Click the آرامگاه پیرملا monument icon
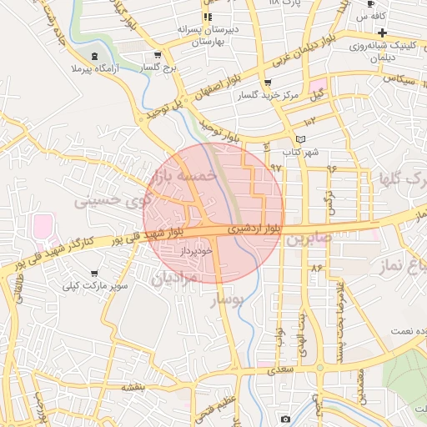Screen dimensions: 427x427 click(x=95, y=55)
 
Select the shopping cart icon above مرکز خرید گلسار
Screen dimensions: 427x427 click(x=267, y=83)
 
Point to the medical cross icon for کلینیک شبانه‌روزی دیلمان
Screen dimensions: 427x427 click(x=381, y=32)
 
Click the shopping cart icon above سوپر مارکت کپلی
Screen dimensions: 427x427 click(x=94, y=273)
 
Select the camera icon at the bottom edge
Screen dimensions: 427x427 click(x=285, y=419)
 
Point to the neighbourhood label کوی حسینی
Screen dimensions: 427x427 click(x=113, y=201)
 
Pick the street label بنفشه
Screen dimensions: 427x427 click(x=133, y=387)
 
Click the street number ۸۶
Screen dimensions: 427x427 click(x=316, y=268)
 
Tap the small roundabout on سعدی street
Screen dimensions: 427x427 click(x=319, y=367)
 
